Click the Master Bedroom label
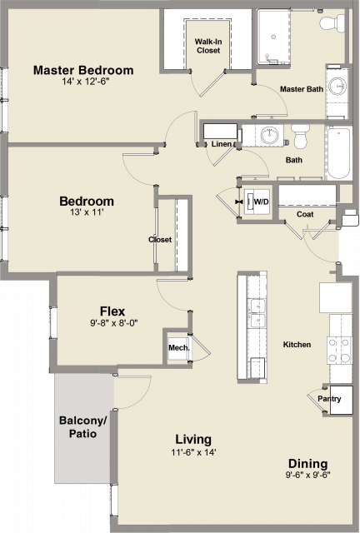click(x=83, y=70)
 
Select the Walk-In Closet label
click(x=208, y=46)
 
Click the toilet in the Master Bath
click(x=332, y=23)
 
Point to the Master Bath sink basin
click(x=337, y=87)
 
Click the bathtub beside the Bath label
click(x=338, y=153)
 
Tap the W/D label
click(x=261, y=202)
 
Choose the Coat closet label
click(x=305, y=214)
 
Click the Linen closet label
click(x=222, y=144)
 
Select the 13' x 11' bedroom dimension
click(x=87, y=212)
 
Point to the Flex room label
click(x=112, y=311)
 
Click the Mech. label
click(x=179, y=348)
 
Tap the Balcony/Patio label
click(x=83, y=427)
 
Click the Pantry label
click(x=329, y=398)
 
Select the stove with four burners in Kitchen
click(x=339, y=350)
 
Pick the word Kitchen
click(x=297, y=345)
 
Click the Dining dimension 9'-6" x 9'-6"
click(x=308, y=475)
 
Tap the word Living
click(x=193, y=439)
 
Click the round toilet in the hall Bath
click(x=301, y=135)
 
